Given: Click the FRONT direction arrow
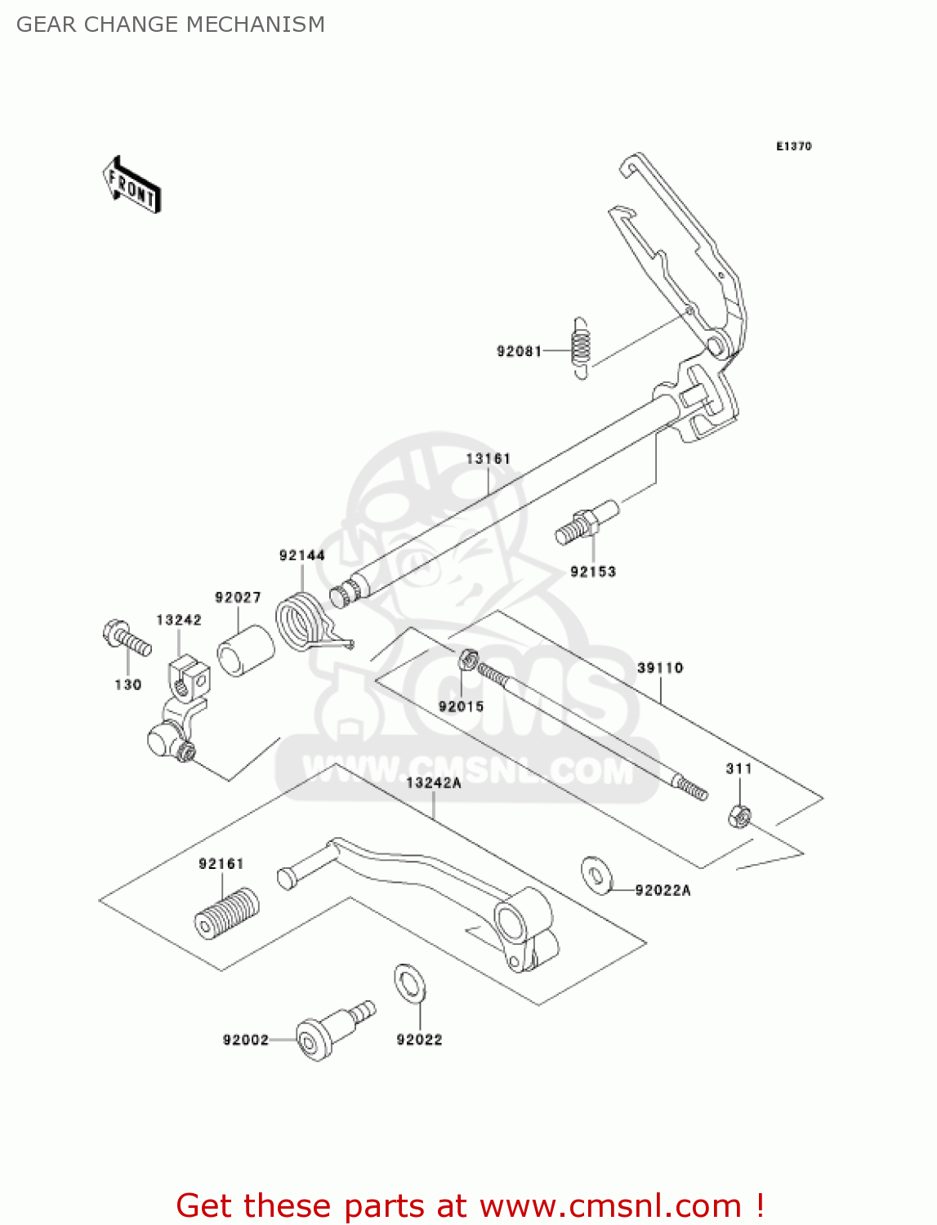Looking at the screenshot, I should click(x=132, y=185).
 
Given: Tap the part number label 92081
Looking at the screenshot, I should click(x=519, y=351).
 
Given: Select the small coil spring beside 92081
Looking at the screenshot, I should click(x=580, y=349).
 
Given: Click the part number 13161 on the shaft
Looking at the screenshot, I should click(x=488, y=459).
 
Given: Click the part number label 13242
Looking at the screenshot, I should click(x=179, y=620).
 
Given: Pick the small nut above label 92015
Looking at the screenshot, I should click(x=469, y=658).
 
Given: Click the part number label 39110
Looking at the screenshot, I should click(x=660, y=668).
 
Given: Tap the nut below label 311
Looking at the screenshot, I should click(x=739, y=815).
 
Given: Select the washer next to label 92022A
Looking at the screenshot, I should click(x=598, y=875).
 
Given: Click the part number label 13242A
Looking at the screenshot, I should click(x=434, y=783).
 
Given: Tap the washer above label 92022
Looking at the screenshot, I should click(x=409, y=983).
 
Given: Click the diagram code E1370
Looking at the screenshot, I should click(x=793, y=146).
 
